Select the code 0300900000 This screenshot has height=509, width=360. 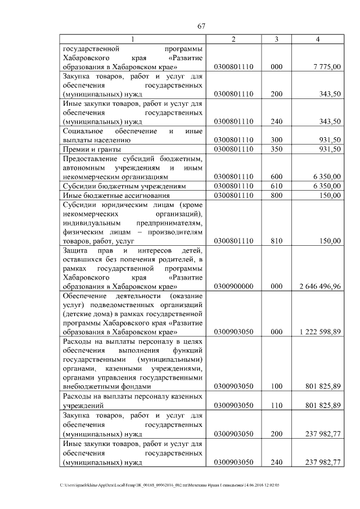coord(233,286)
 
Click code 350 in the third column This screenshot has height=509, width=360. coord(276,149)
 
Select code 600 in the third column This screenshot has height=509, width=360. coord(276,177)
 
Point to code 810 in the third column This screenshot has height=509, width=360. coord(276,241)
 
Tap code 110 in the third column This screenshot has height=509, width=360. coord(276,405)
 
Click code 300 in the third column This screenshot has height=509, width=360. coord(276,140)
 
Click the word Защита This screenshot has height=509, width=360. coord(75,250)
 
